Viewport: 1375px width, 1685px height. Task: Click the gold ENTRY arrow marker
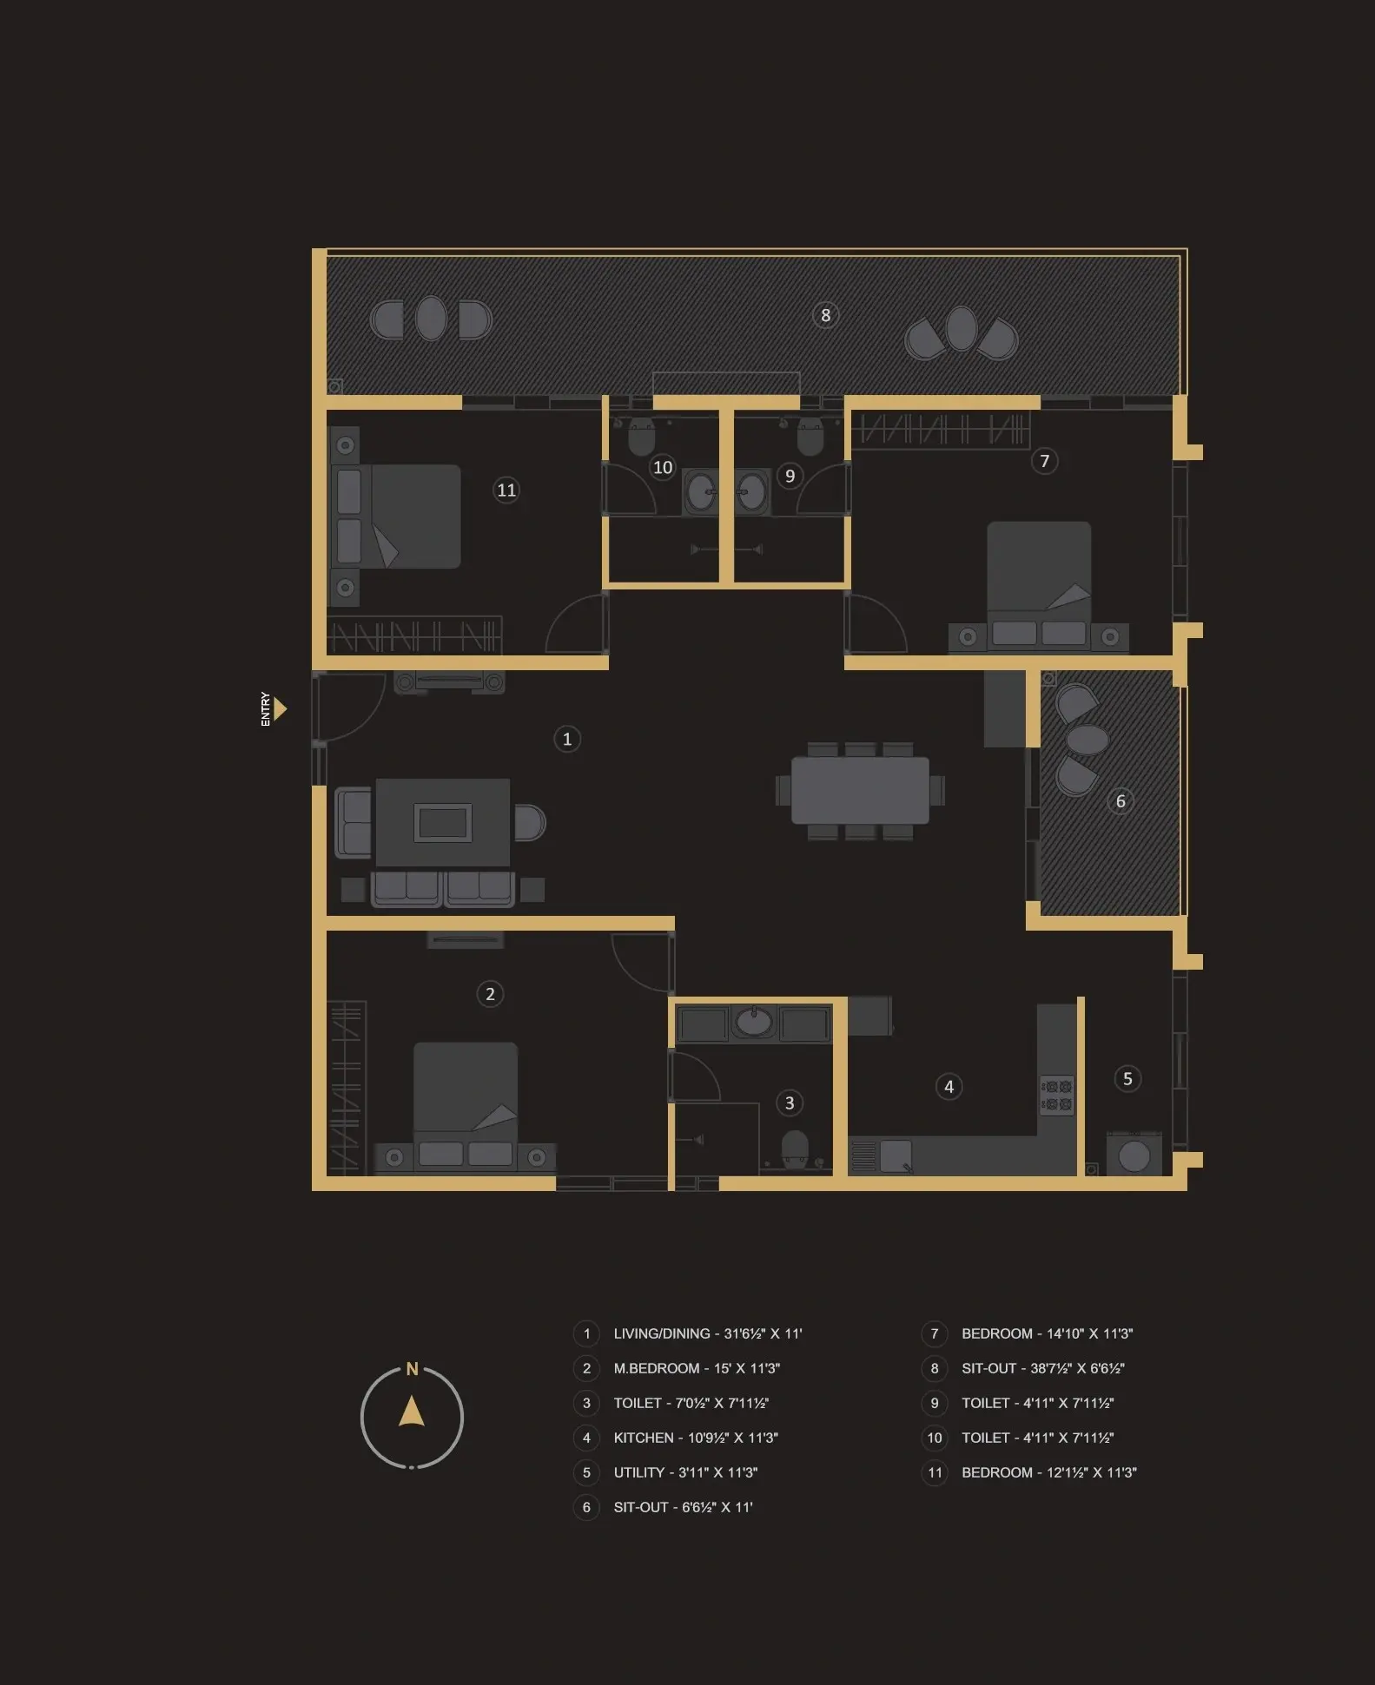point(280,709)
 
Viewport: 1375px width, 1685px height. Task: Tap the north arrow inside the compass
point(412,1412)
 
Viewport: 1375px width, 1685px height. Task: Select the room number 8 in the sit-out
point(826,315)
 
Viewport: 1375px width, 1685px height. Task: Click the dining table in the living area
point(860,790)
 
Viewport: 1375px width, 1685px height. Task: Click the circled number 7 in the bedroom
point(1045,461)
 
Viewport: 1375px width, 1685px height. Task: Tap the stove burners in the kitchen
point(1057,1096)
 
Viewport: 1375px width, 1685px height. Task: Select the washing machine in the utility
point(1134,1155)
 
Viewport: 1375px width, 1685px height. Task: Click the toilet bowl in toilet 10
point(641,437)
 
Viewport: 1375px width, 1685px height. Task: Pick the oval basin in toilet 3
point(754,1022)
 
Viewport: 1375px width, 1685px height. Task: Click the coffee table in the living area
point(443,822)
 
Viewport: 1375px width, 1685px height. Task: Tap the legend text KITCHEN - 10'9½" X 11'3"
point(696,1438)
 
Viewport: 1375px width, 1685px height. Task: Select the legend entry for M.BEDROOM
point(697,1368)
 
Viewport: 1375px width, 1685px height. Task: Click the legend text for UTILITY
point(685,1472)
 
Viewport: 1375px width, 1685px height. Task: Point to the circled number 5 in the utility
point(1127,1079)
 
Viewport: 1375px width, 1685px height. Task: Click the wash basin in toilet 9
point(751,492)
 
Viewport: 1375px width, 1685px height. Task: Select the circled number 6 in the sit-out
point(1120,801)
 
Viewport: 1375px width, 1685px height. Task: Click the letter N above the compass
point(412,1369)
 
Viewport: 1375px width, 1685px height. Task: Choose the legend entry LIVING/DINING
point(707,1333)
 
